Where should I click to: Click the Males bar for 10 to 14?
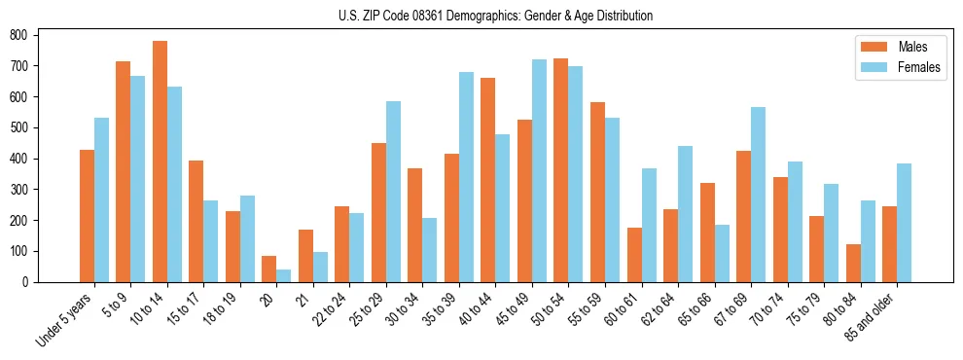[160, 162]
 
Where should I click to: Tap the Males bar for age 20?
[269, 269]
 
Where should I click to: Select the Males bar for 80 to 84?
[853, 263]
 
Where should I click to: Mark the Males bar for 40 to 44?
[488, 180]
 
